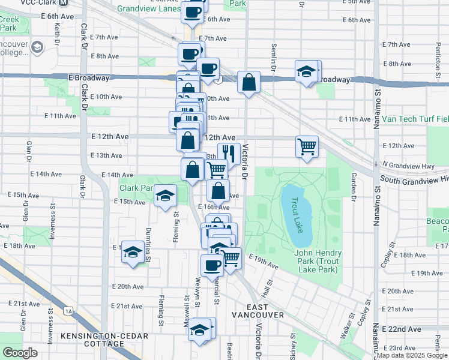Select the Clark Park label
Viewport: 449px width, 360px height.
pyautogui.click(x=137, y=188)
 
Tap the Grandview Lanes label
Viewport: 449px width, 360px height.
pyautogui.click(x=148, y=9)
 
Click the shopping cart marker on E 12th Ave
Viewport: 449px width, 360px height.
pyautogui.click(x=307, y=145)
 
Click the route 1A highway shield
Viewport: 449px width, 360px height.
pyautogui.click(x=69, y=311)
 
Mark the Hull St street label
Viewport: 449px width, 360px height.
pyautogui.click(x=268, y=289)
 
